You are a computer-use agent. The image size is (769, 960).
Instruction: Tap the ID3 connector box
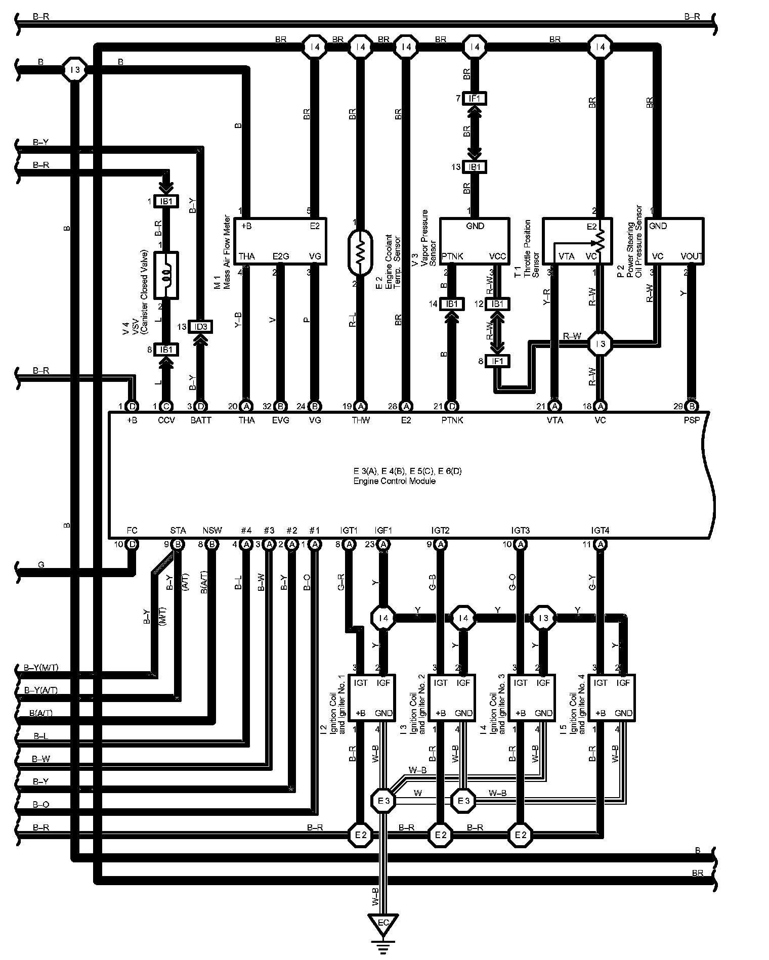[x=200, y=327]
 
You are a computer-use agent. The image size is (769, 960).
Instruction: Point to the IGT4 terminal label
[x=600, y=531]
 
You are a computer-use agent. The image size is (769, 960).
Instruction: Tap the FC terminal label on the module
[x=132, y=531]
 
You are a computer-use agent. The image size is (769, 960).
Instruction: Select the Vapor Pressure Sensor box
[x=474, y=241]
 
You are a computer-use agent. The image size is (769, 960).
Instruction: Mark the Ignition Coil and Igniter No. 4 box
[x=612, y=697]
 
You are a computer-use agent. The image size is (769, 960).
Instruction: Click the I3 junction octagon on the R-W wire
[x=600, y=344]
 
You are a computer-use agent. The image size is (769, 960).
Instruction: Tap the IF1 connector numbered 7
[x=474, y=98]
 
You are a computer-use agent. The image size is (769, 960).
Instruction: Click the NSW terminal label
[x=212, y=531]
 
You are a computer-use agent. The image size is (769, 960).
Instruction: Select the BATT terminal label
[x=201, y=420]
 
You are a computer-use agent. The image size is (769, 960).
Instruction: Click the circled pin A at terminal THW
[x=360, y=406]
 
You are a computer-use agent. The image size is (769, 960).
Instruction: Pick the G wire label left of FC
[x=40, y=564]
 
